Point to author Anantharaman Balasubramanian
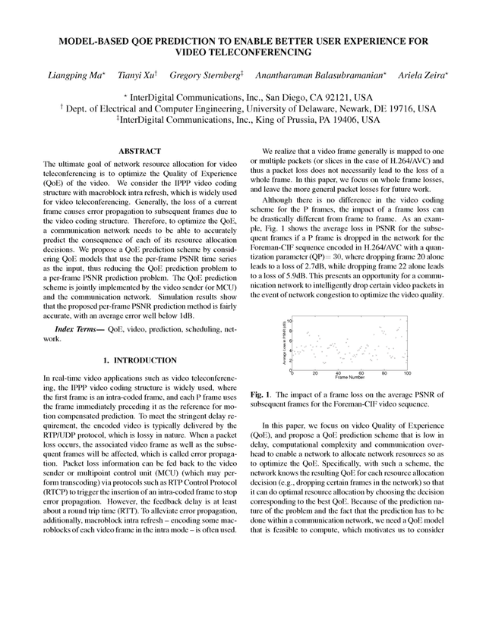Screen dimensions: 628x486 coord(322,77)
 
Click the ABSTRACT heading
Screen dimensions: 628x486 coord(140,152)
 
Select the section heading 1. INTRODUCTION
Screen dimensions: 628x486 coord(140,360)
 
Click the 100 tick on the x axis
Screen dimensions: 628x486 coord(407,372)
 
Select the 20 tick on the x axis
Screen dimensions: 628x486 coord(315,372)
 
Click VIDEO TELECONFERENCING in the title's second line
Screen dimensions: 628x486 coord(243,52)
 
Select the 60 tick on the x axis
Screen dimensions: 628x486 coord(361,372)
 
